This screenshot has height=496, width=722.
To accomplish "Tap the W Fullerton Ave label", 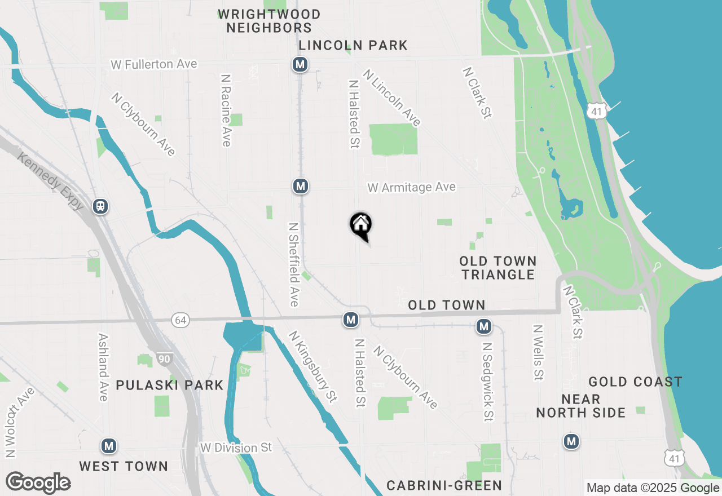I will tap(154, 64).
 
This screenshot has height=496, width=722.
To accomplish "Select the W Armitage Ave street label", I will tap(411, 187).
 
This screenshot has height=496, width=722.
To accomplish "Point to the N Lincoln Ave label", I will tap(392, 98).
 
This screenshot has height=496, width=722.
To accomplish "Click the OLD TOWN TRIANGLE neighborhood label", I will tap(498, 268).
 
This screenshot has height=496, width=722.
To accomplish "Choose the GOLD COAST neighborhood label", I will tap(635, 382).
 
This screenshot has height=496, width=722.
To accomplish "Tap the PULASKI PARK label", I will tap(170, 386).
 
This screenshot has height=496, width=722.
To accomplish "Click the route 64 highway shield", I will tap(180, 320).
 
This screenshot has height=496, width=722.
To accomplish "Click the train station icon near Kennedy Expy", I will tap(101, 206).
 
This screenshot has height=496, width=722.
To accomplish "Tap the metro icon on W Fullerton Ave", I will tap(300, 64).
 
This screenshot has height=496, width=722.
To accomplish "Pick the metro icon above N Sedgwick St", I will tap(483, 326).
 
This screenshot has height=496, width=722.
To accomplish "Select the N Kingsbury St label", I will tap(312, 366).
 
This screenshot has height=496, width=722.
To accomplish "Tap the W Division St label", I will tap(236, 448).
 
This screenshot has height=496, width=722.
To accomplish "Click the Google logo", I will tap(38, 483).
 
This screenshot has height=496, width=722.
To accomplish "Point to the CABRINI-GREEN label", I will tap(444, 485).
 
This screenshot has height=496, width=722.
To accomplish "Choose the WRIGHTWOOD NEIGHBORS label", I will tap(269, 21).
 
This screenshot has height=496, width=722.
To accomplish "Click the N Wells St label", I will tap(538, 352).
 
